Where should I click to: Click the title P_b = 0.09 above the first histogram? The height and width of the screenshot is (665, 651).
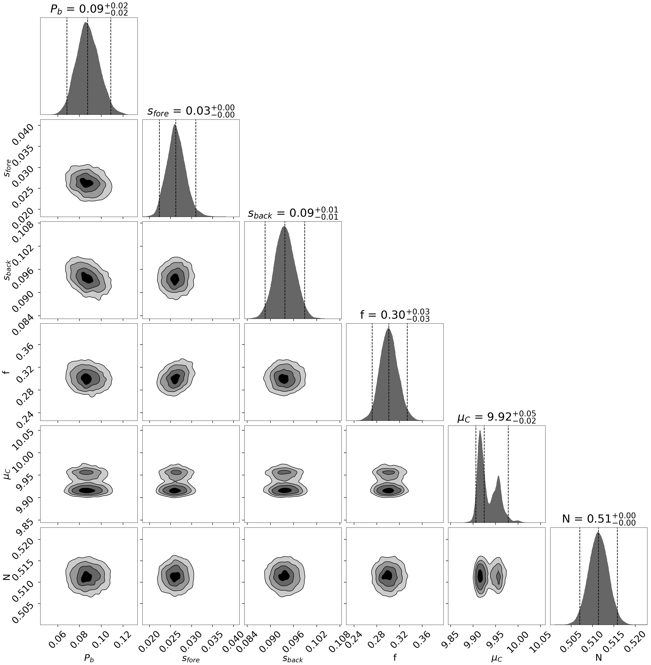(89, 9)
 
